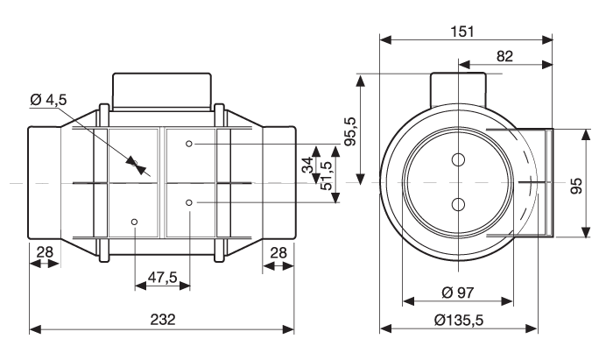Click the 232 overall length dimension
[163, 320]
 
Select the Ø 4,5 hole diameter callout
[48, 100]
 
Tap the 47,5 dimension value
[163, 277]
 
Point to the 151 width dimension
[462, 32]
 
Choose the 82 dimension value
[504, 56]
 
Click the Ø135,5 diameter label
[459, 320]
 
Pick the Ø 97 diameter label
[458, 292]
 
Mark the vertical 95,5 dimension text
[350, 131]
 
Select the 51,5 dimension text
[326, 176]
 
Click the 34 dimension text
[308, 165]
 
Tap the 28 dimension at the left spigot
[45, 252]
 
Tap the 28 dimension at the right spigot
[278, 253]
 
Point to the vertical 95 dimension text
[576, 186]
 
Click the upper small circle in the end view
[458, 159]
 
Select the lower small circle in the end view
[458, 204]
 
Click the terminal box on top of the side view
[162, 91]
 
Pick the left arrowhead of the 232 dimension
[35, 329]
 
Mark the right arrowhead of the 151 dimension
[547, 39]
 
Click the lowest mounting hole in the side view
[135, 222]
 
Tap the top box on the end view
[458, 89]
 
